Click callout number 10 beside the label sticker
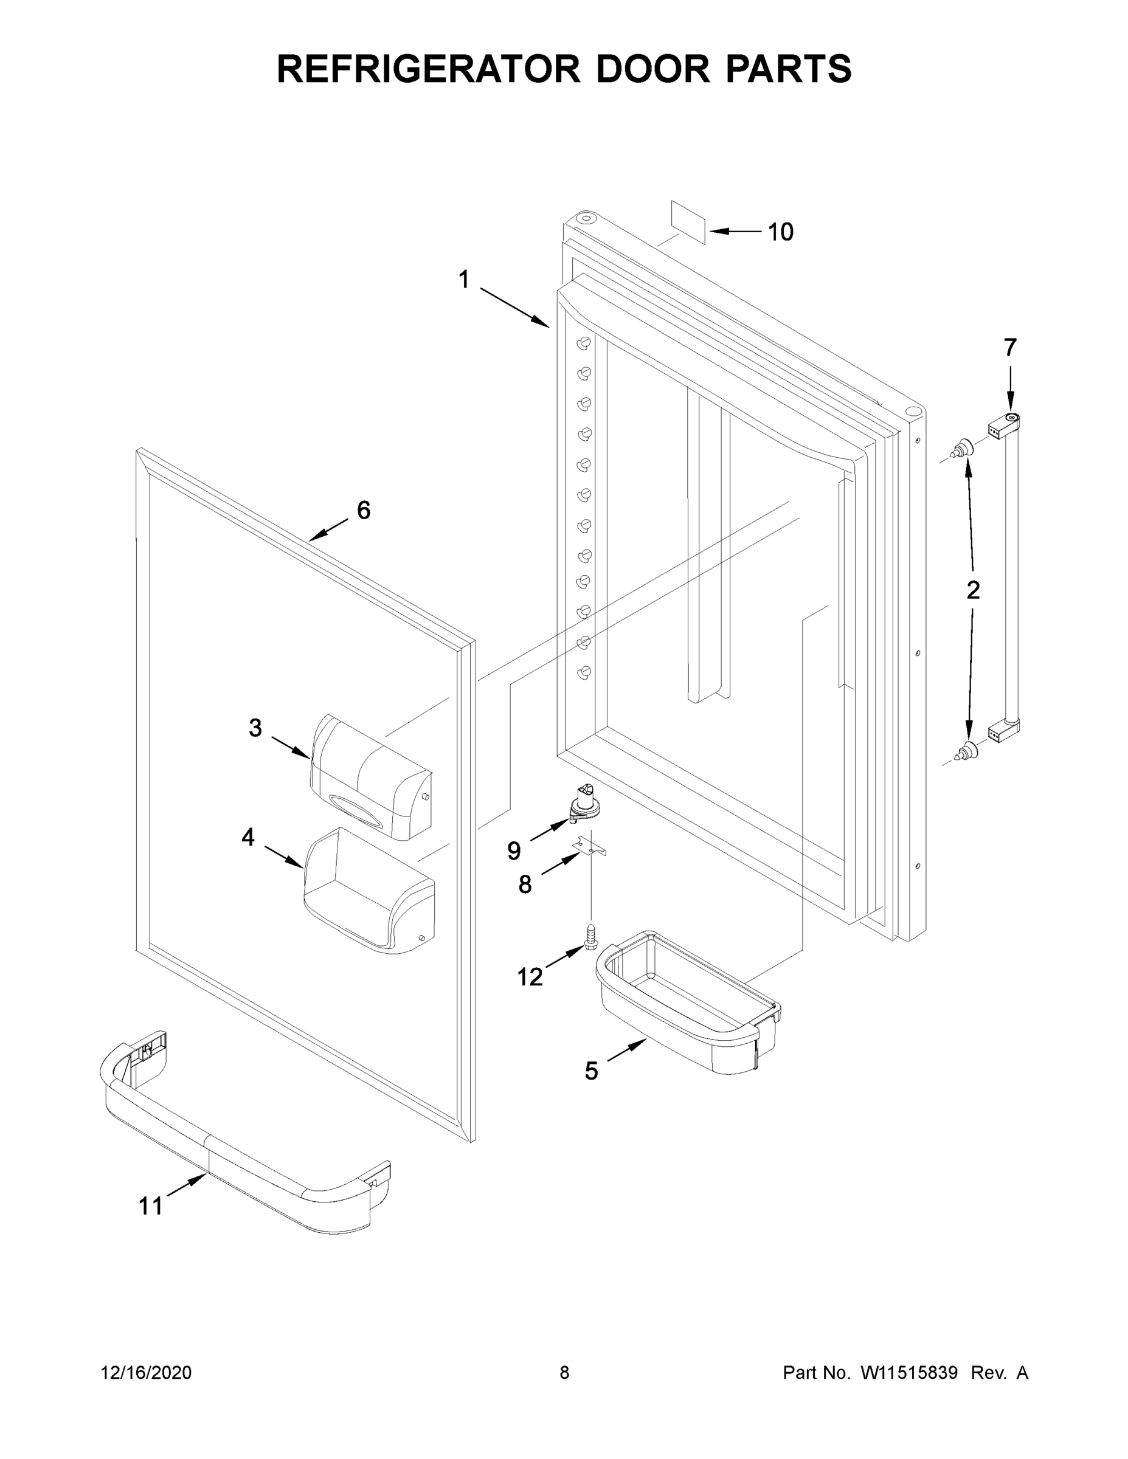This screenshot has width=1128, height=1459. (780, 232)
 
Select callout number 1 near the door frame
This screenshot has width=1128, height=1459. (463, 279)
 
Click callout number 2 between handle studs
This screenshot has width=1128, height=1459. (973, 590)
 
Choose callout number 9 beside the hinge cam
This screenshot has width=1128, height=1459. (513, 850)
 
